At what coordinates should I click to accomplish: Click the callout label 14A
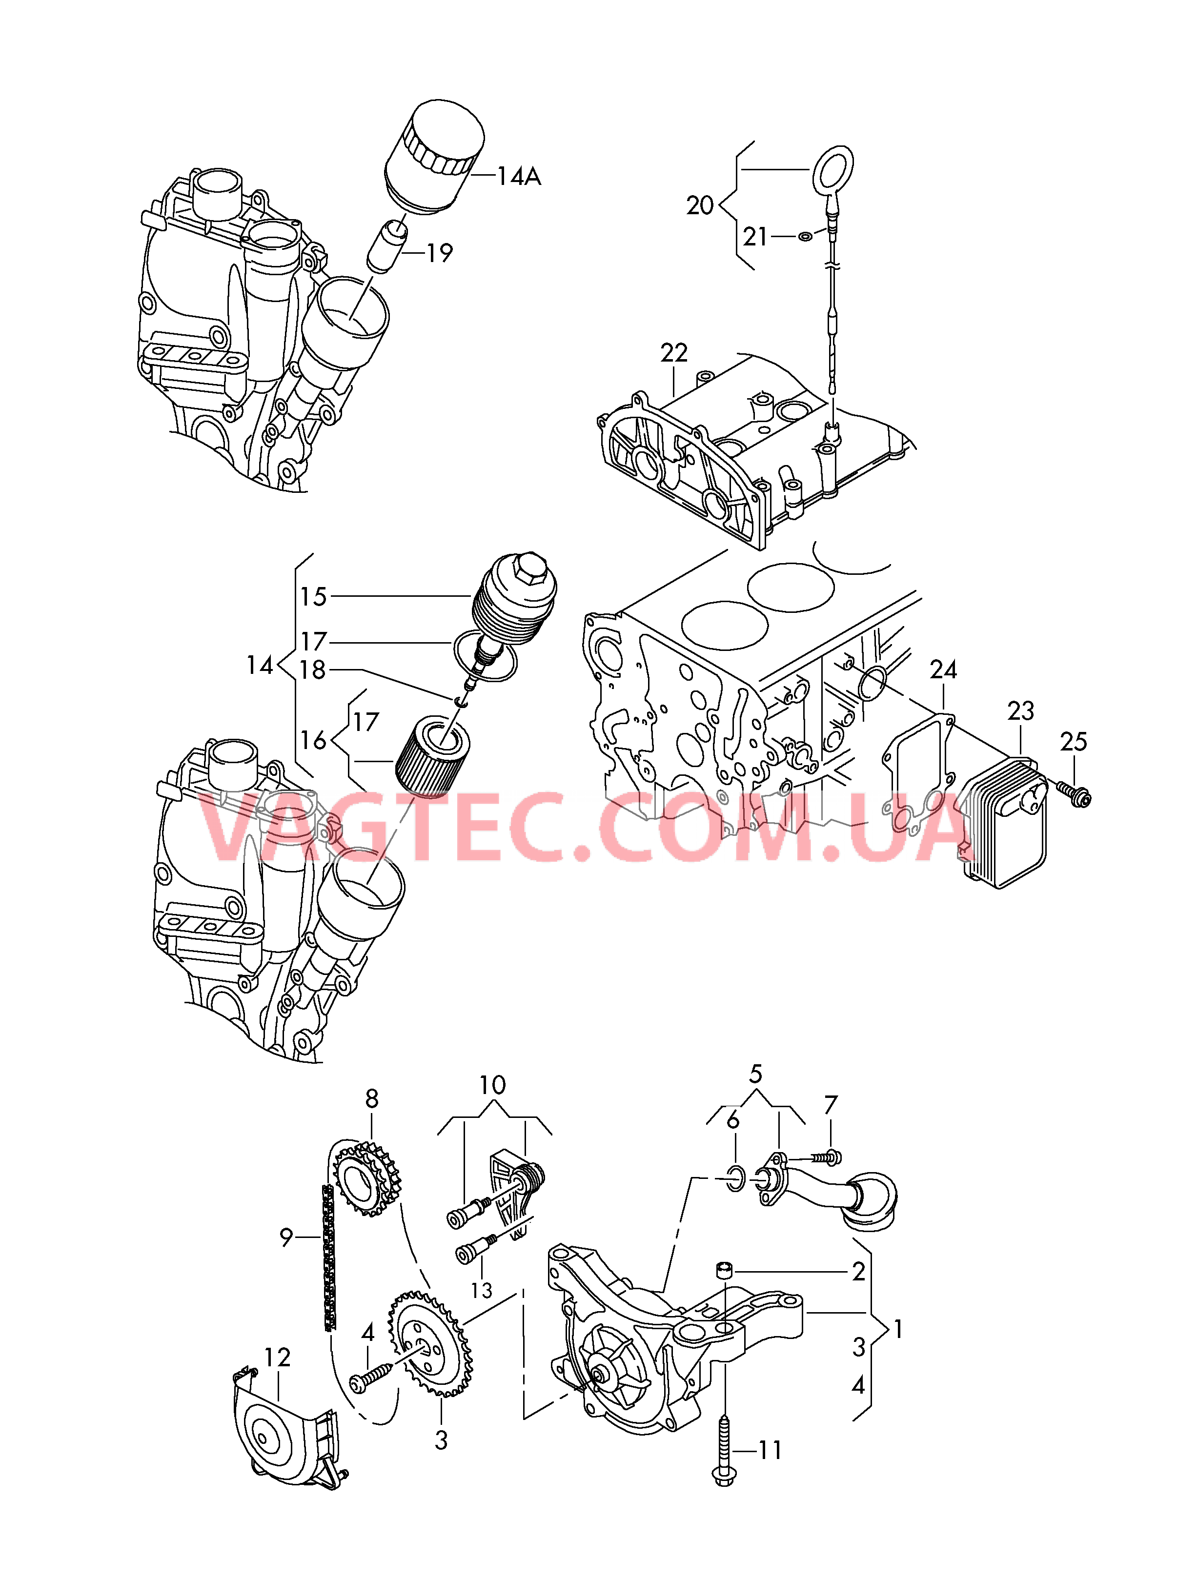pyautogui.click(x=519, y=176)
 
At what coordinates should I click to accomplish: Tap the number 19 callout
pyautogui.click(x=440, y=253)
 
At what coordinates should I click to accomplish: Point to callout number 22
pyautogui.click(x=674, y=353)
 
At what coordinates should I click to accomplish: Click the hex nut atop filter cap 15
pyautogui.click(x=530, y=566)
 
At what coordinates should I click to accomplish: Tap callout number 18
pyautogui.click(x=312, y=670)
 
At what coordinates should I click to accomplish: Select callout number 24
pyautogui.click(x=943, y=670)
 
